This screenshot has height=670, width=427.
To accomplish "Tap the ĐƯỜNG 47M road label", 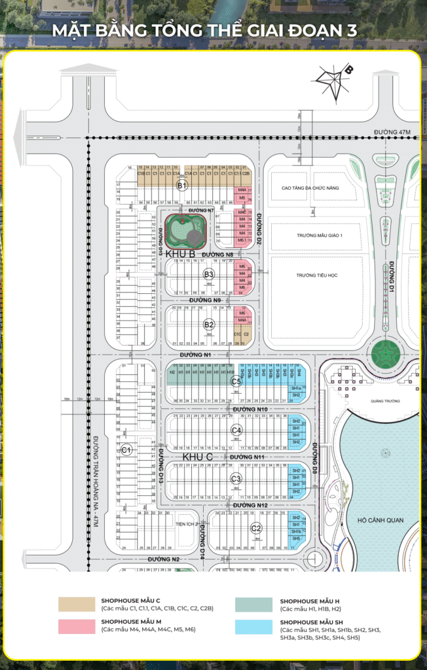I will tap(391, 132).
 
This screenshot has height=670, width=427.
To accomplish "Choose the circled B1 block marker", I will tap(182, 186).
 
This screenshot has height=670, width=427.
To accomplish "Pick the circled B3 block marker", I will tap(208, 274).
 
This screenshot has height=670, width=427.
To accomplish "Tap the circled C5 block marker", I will tap(236, 381).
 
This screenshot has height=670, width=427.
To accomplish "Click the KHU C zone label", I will tap(197, 456).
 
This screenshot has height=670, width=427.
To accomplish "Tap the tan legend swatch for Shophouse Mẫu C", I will tap(75, 603).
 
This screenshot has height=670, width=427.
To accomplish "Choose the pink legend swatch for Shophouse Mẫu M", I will tap(75, 626).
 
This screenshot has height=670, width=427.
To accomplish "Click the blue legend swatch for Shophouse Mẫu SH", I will tap(253, 626).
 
